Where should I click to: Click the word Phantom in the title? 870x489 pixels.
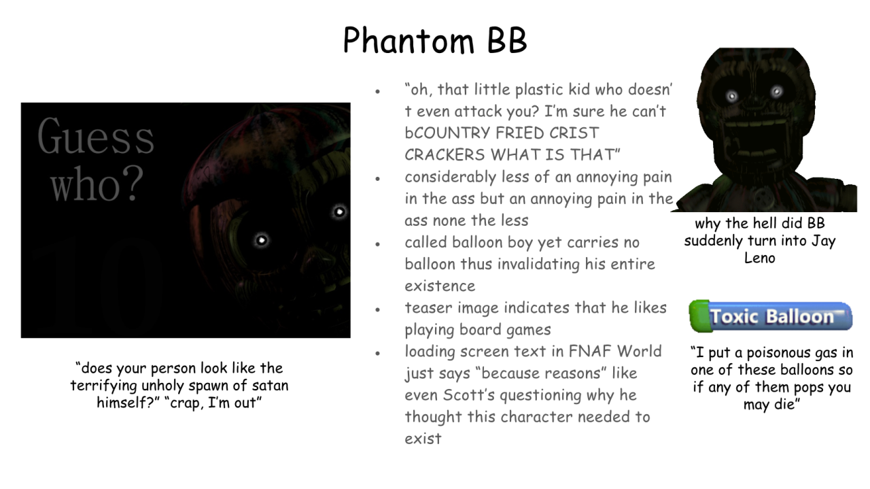(x=408, y=40)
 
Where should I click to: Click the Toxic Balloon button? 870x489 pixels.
(x=771, y=316)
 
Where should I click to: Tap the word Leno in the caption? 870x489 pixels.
(x=759, y=258)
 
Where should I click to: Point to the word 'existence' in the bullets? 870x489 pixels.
(x=440, y=286)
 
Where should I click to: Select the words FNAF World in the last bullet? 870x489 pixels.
(x=615, y=352)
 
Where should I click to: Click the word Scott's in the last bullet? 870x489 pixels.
(x=469, y=395)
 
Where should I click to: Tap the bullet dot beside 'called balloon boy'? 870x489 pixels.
(x=377, y=244)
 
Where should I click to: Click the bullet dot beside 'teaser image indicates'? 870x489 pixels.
(x=377, y=310)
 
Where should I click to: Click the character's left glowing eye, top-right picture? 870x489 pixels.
(x=732, y=96)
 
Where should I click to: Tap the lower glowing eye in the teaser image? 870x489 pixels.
(x=262, y=240)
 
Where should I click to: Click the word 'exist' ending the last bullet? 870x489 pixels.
(x=423, y=439)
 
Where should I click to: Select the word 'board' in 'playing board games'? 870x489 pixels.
(x=480, y=330)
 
